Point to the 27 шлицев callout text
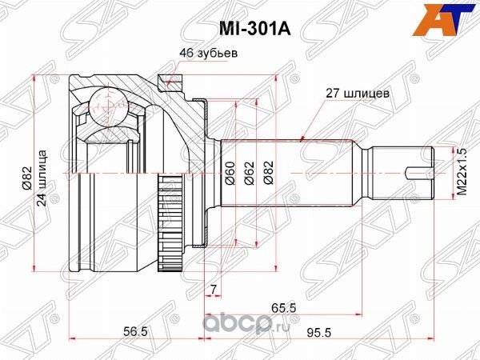pyautogui.click(x=357, y=93)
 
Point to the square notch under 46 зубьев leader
pyautogui.click(x=166, y=79)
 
